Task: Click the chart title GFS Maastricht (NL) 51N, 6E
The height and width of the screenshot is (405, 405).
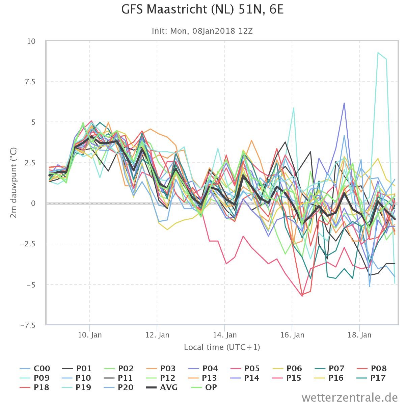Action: (x=202, y=9)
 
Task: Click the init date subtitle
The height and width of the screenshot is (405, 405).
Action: (x=202, y=31)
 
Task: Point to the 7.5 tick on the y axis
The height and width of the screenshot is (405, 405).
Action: (x=30, y=82)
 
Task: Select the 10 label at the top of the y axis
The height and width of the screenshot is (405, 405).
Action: (x=31, y=41)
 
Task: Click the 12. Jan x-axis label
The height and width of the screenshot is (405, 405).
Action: (x=157, y=335)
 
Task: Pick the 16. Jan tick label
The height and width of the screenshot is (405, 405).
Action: (x=292, y=335)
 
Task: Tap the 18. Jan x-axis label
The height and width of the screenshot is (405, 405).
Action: (x=359, y=335)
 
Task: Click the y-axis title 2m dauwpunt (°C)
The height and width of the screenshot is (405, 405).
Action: (x=13, y=183)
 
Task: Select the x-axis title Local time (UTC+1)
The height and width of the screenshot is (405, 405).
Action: (x=222, y=347)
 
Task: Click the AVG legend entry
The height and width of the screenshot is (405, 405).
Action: (x=162, y=387)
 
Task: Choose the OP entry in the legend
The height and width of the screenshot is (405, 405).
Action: (x=204, y=387)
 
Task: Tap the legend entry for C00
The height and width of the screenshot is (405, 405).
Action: (x=35, y=369)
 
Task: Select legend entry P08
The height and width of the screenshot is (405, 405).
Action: (x=372, y=369)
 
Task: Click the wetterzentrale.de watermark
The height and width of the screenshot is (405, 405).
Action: (x=350, y=398)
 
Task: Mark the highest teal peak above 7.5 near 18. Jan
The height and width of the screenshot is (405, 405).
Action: (x=378, y=53)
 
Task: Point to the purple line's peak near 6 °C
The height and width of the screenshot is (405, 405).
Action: (x=344, y=103)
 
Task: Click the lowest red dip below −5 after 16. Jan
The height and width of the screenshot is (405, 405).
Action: (x=302, y=296)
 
